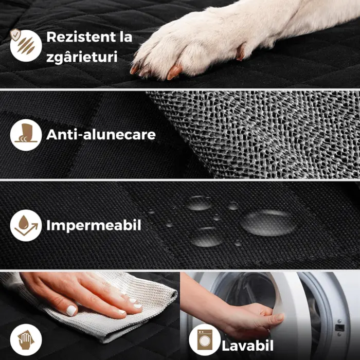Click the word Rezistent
coord(81,37)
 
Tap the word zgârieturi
coord(82,57)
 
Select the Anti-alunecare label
coord(101,135)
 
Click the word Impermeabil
coord(94,225)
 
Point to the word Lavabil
coord(247,346)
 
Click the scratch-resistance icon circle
coord(26,46)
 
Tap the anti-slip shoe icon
coord(26,135)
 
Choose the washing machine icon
coord(205,340)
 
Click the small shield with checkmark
coord(15,35)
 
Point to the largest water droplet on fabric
coord(268,222)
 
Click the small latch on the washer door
coord(339,327)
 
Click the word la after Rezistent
coord(126,37)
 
